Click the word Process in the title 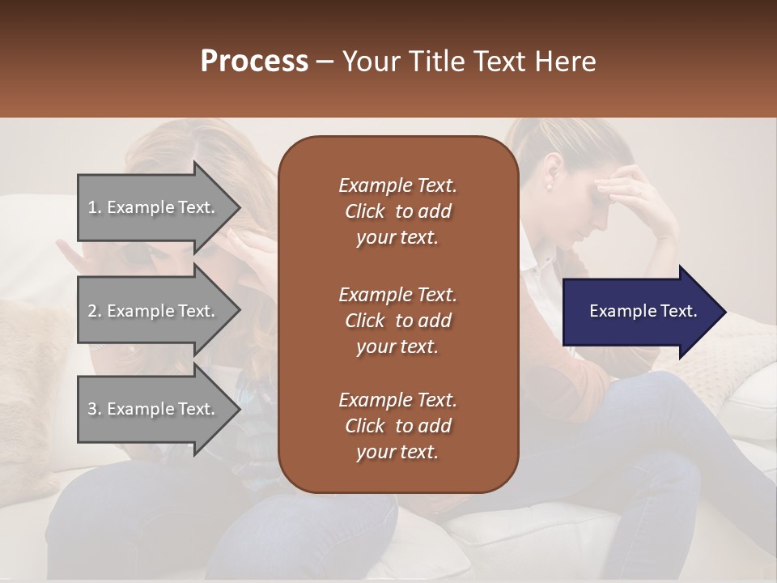point(254,62)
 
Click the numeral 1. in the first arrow point(95,207)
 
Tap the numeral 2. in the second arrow point(95,311)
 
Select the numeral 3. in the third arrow point(95,409)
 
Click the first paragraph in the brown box point(397,211)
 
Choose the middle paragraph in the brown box point(397,320)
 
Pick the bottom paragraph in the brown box point(397,426)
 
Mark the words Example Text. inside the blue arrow point(643,311)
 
